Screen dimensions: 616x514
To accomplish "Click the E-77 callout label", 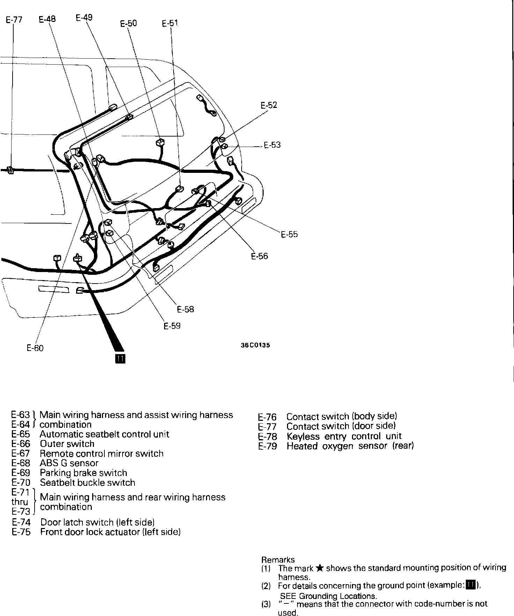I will click(x=14, y=20).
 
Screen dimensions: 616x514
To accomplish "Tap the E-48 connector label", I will click(x=47, y=19).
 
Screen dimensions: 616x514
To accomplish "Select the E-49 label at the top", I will click(x=84, y=17).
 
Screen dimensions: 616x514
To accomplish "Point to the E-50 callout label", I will click(x=128, y=23).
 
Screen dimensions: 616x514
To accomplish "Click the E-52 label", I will click(x=269, y=105).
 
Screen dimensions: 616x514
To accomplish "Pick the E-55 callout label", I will click(x=289, y=234).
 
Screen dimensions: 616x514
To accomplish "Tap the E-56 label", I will click(x=259, y=256).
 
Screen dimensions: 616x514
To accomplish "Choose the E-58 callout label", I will click(x=185, y=309).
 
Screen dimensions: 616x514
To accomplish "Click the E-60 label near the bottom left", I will click(x=35, y=348).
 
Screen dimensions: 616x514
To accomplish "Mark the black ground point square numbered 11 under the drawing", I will click(x=120, y=359).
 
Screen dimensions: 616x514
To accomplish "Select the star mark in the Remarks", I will click(x=319, y=568).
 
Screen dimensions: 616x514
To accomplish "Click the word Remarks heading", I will click(x=278, y=560).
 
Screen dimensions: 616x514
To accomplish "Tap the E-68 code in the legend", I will click(x=21, y=463).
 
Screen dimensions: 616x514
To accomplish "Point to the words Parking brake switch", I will click(x=83, y=473).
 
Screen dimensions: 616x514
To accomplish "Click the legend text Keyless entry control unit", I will click(x=344, y=436).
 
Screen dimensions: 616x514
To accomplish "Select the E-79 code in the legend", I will click(x=267, y=446).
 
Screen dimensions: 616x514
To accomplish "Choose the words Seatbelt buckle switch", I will click(x=87, y=483).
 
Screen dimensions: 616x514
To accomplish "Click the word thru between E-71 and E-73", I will click(x=20, y=502).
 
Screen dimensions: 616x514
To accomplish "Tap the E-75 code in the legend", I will click(x=21, y=532).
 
